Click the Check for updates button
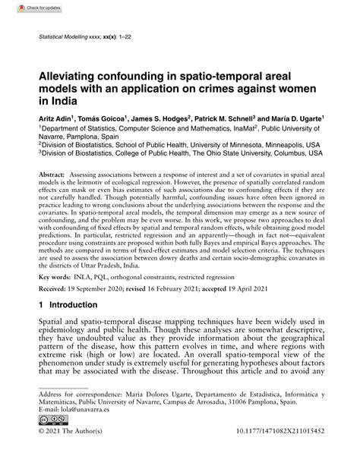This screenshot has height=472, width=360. (x=22, y=9)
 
